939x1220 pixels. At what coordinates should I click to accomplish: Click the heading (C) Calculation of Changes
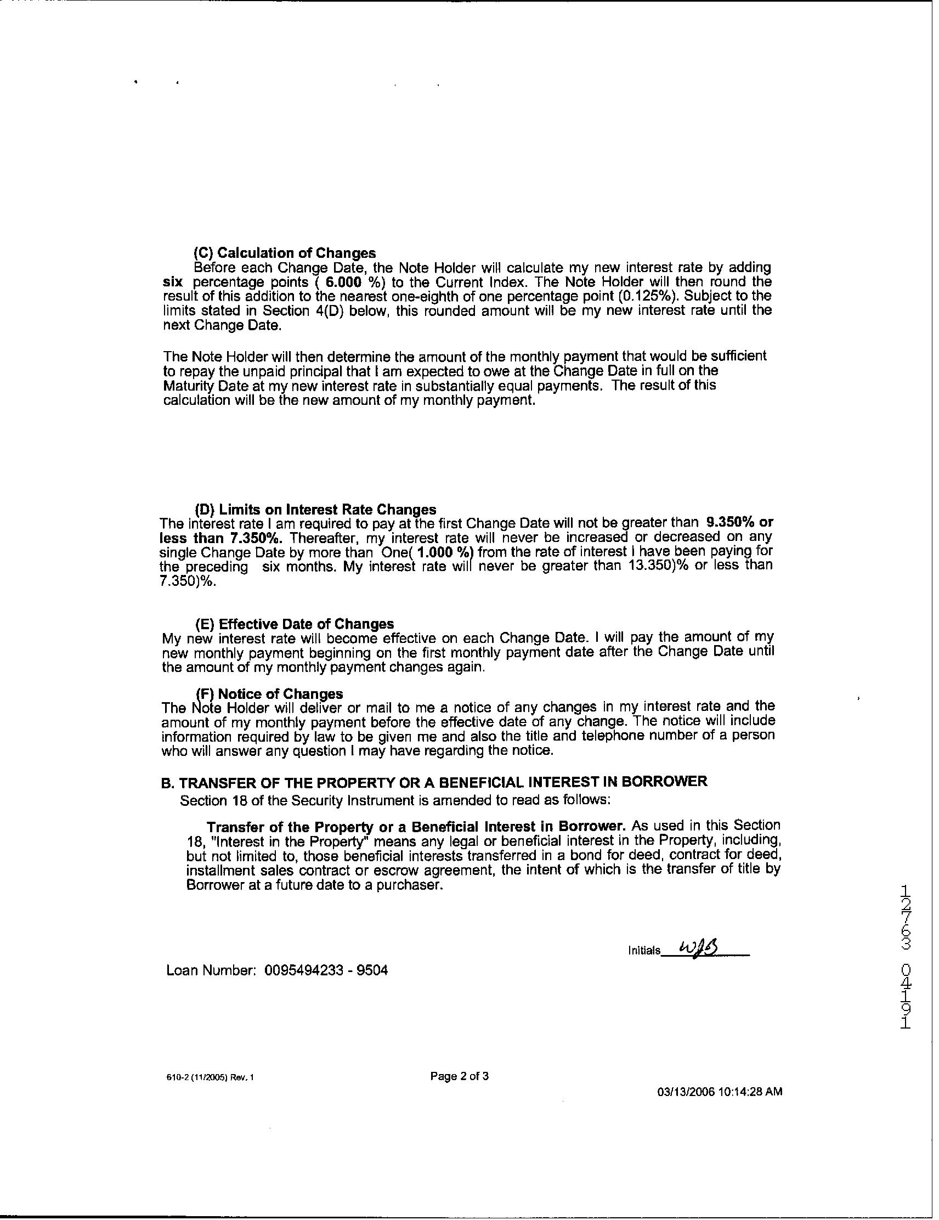click(x=284, y=253)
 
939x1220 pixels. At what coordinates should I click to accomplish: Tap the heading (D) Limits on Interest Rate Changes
click(x=315, y=510)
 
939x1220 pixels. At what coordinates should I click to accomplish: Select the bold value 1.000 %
click(x=444, y=552)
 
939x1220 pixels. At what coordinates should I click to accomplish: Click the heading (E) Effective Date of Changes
click(x=295, y=623)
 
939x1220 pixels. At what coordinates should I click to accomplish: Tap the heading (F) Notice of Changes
click(x=269, y=694)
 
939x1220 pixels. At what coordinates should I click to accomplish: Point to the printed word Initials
click(x=643, y=951)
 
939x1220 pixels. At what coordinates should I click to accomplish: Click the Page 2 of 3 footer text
click(x=459, y=1076)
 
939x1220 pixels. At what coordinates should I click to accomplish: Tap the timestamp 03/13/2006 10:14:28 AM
click(x=720, y=1092)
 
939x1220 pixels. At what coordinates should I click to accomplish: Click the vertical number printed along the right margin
click(x=906, y=956)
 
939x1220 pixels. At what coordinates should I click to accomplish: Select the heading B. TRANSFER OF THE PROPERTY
click(x=434, y=782)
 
